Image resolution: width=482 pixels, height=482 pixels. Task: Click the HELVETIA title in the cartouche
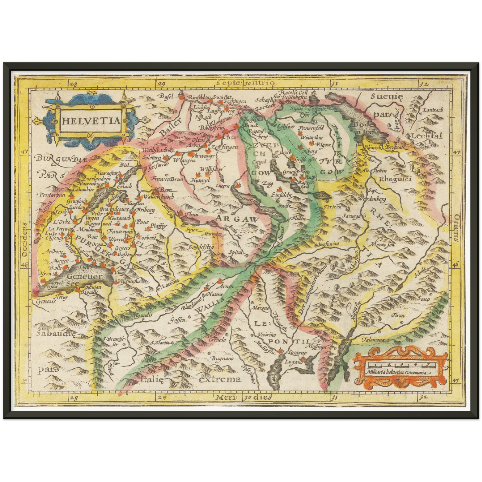[x=90, y=121]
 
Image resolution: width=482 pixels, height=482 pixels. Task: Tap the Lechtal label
[x=426, y=136]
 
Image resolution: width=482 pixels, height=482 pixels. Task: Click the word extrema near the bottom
[x=220, y=379]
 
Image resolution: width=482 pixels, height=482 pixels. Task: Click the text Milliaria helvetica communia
[x=396, y=373]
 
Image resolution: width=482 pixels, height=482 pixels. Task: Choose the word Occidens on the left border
[x=24, y=239]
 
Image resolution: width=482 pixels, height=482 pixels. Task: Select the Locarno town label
[x=297, y=353]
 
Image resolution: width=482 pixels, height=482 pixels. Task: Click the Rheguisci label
[x=395, y=179]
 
